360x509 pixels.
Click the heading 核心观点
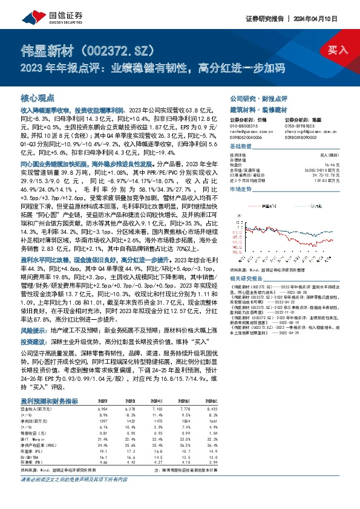[38, 97]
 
